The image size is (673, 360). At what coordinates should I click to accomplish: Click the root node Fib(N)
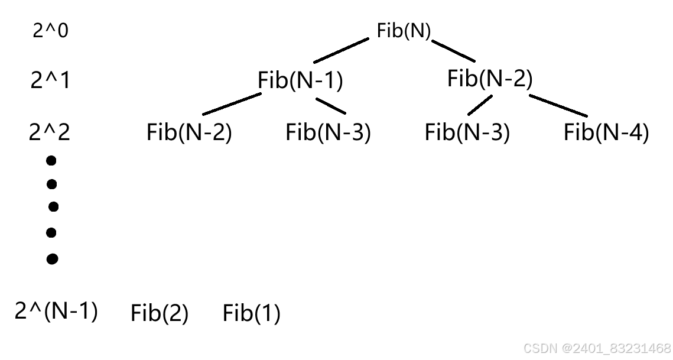pos(404,31)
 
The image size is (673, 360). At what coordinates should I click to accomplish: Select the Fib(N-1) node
pos(300,80)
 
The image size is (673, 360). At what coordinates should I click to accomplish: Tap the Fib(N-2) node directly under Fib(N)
pos(490,78)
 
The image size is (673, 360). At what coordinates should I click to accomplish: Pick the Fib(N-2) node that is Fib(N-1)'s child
pos(189,132)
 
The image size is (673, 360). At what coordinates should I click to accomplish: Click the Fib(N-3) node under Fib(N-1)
pos(328,132)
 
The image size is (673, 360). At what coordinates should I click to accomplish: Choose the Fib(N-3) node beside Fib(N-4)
pos(467,132)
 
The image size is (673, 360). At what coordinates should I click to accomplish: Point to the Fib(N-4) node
pos(606,132)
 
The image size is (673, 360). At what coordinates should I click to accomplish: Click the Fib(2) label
pos(160,313)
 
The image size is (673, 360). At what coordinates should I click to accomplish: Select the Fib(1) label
pos(251,313)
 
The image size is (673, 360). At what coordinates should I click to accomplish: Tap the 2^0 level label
pos(50,31)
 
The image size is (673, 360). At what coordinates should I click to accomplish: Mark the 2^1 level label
pos(50,80)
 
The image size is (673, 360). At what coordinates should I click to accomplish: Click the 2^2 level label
pos(50,132)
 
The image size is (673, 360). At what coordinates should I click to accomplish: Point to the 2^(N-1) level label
pos(56,310)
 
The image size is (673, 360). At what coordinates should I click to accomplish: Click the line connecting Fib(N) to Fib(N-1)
pos(341,50)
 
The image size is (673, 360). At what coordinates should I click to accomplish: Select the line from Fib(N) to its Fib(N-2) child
pos(453,51)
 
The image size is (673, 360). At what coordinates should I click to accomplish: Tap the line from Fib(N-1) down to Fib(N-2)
pos(232,104)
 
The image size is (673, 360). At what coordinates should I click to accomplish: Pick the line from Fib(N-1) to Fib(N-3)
pos(330,105)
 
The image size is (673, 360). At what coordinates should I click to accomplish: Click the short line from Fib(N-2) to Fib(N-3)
pos(480,105)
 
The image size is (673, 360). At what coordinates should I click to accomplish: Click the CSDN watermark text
pos(597,348)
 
